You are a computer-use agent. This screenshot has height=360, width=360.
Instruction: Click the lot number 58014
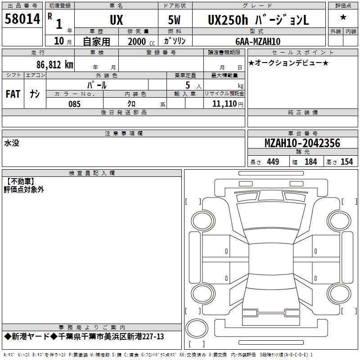(22, 18)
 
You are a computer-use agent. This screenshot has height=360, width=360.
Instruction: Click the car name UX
(117, 20)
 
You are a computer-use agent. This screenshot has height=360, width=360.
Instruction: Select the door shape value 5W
(174, 20)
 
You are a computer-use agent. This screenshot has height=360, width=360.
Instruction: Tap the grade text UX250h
(228, 20)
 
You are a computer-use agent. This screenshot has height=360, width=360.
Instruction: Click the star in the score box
(343, 18)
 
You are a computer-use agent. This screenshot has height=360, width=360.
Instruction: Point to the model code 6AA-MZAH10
(258, 41)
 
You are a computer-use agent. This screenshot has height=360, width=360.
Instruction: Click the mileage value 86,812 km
(55, 65)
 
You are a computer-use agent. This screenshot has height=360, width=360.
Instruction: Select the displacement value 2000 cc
(141, 41)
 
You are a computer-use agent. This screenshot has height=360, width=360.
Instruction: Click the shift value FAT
(13, 94)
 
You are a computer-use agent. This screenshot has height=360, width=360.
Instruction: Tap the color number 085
(74, 104)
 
